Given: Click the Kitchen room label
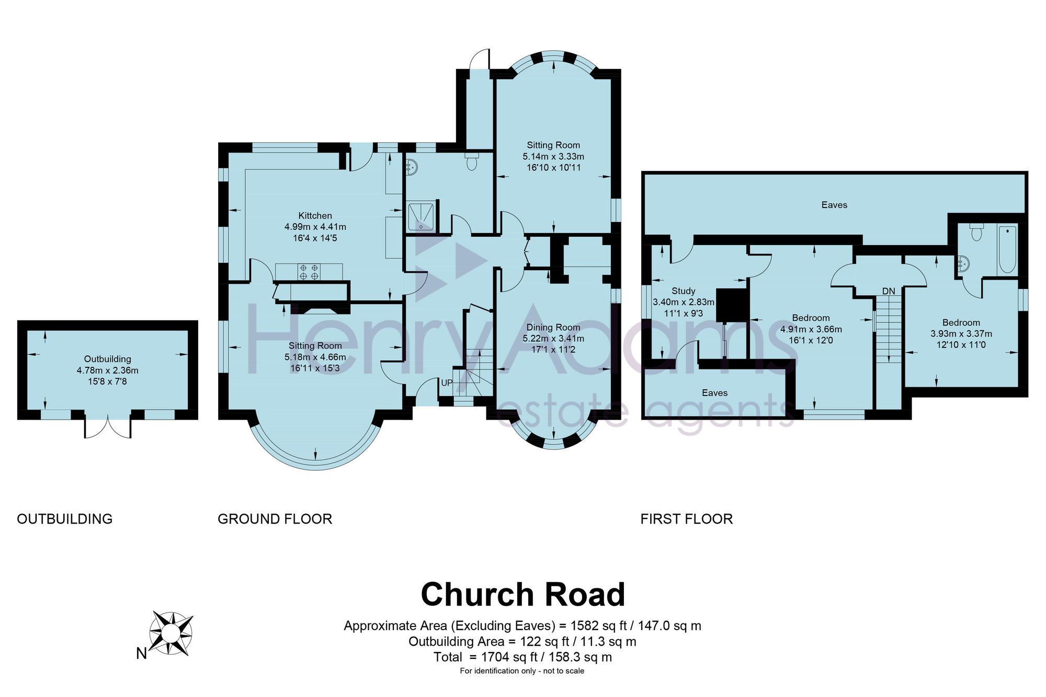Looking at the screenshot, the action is (315, 216).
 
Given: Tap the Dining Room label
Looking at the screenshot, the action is (553, 328).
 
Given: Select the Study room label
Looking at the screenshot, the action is (683, 291).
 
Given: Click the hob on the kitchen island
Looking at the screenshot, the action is (309, 272).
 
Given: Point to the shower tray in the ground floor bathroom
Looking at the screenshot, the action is (422, 216).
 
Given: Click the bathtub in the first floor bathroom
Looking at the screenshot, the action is (1007, 250).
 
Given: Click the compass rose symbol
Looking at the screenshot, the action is (171, 633).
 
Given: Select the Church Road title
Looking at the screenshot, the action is (523, 594).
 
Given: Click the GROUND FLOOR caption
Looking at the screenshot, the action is (275, 519).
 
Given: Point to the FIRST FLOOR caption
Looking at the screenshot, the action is (687, 519).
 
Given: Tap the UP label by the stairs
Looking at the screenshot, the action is (447, 383).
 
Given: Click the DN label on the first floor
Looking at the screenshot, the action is (889, 291).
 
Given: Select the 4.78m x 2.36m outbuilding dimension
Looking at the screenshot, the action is (108, 370).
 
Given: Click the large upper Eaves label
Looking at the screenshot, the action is (834, 205).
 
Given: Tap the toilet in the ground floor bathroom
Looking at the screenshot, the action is (472, 161).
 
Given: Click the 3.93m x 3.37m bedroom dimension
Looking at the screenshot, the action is (961, 334).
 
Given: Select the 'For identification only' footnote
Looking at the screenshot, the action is (522, 671).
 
